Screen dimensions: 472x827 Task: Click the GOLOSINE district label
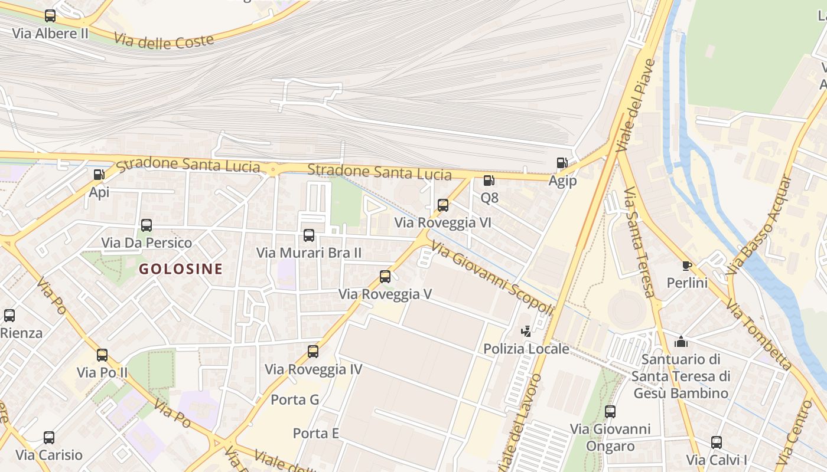(181, 269)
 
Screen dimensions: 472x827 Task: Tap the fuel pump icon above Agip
(562, 163)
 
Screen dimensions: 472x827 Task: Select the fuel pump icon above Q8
(489, 181)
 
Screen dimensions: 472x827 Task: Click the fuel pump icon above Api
(99, 175)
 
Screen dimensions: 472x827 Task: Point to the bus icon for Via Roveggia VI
(443, 205)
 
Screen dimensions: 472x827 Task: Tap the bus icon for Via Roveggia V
(385, 276)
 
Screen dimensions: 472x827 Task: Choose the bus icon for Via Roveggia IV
(313, 352)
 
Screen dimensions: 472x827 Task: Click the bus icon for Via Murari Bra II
(309, 235)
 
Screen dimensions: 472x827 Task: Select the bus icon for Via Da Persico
(146, 225)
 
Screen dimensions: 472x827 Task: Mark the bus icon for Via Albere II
(50, 16)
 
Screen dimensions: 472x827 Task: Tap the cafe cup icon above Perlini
(686, 265)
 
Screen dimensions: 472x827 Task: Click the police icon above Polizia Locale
(526, 332)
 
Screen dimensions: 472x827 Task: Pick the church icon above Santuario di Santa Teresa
(681, 342)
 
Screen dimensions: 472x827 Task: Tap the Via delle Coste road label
(164, 41)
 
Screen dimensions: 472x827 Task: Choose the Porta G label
(295, 400)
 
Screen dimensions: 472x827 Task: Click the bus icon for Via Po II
(102, 355)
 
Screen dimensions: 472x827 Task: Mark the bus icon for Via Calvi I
(717, 442)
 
